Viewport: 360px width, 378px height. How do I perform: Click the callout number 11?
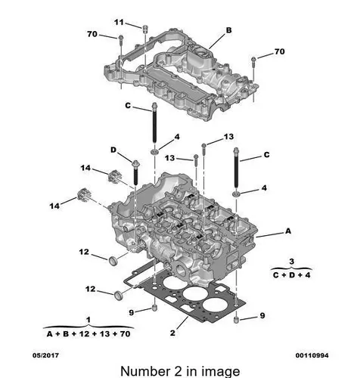119,22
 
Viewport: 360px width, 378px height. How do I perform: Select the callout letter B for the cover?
228,30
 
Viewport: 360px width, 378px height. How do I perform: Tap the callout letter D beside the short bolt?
113,150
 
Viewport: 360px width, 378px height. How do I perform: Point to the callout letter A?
288,231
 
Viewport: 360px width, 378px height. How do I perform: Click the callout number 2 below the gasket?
172,333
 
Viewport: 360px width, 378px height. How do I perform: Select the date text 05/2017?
45,355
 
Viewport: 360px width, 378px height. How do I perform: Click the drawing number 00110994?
312,355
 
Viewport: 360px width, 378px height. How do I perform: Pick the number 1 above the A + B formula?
88,320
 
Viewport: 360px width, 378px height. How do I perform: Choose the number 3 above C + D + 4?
291,262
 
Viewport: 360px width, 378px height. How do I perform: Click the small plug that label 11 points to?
145,29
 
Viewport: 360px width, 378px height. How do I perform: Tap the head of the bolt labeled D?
135,163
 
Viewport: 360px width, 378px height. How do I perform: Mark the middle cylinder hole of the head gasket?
194,294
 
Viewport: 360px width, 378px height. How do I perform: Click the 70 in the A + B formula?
125,334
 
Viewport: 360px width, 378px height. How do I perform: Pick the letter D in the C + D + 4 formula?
292,275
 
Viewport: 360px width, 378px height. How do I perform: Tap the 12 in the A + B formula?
84,334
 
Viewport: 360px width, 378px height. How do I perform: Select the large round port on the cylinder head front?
181,270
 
